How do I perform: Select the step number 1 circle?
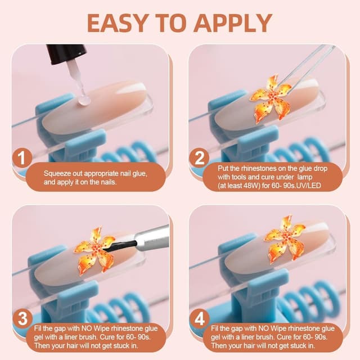[22, 158]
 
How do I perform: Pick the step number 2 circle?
[199, 158]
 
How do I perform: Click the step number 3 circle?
[22, 319]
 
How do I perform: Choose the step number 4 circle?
[199, 319]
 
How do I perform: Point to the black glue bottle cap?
[66, 54]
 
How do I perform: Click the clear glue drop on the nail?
[84, 101]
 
